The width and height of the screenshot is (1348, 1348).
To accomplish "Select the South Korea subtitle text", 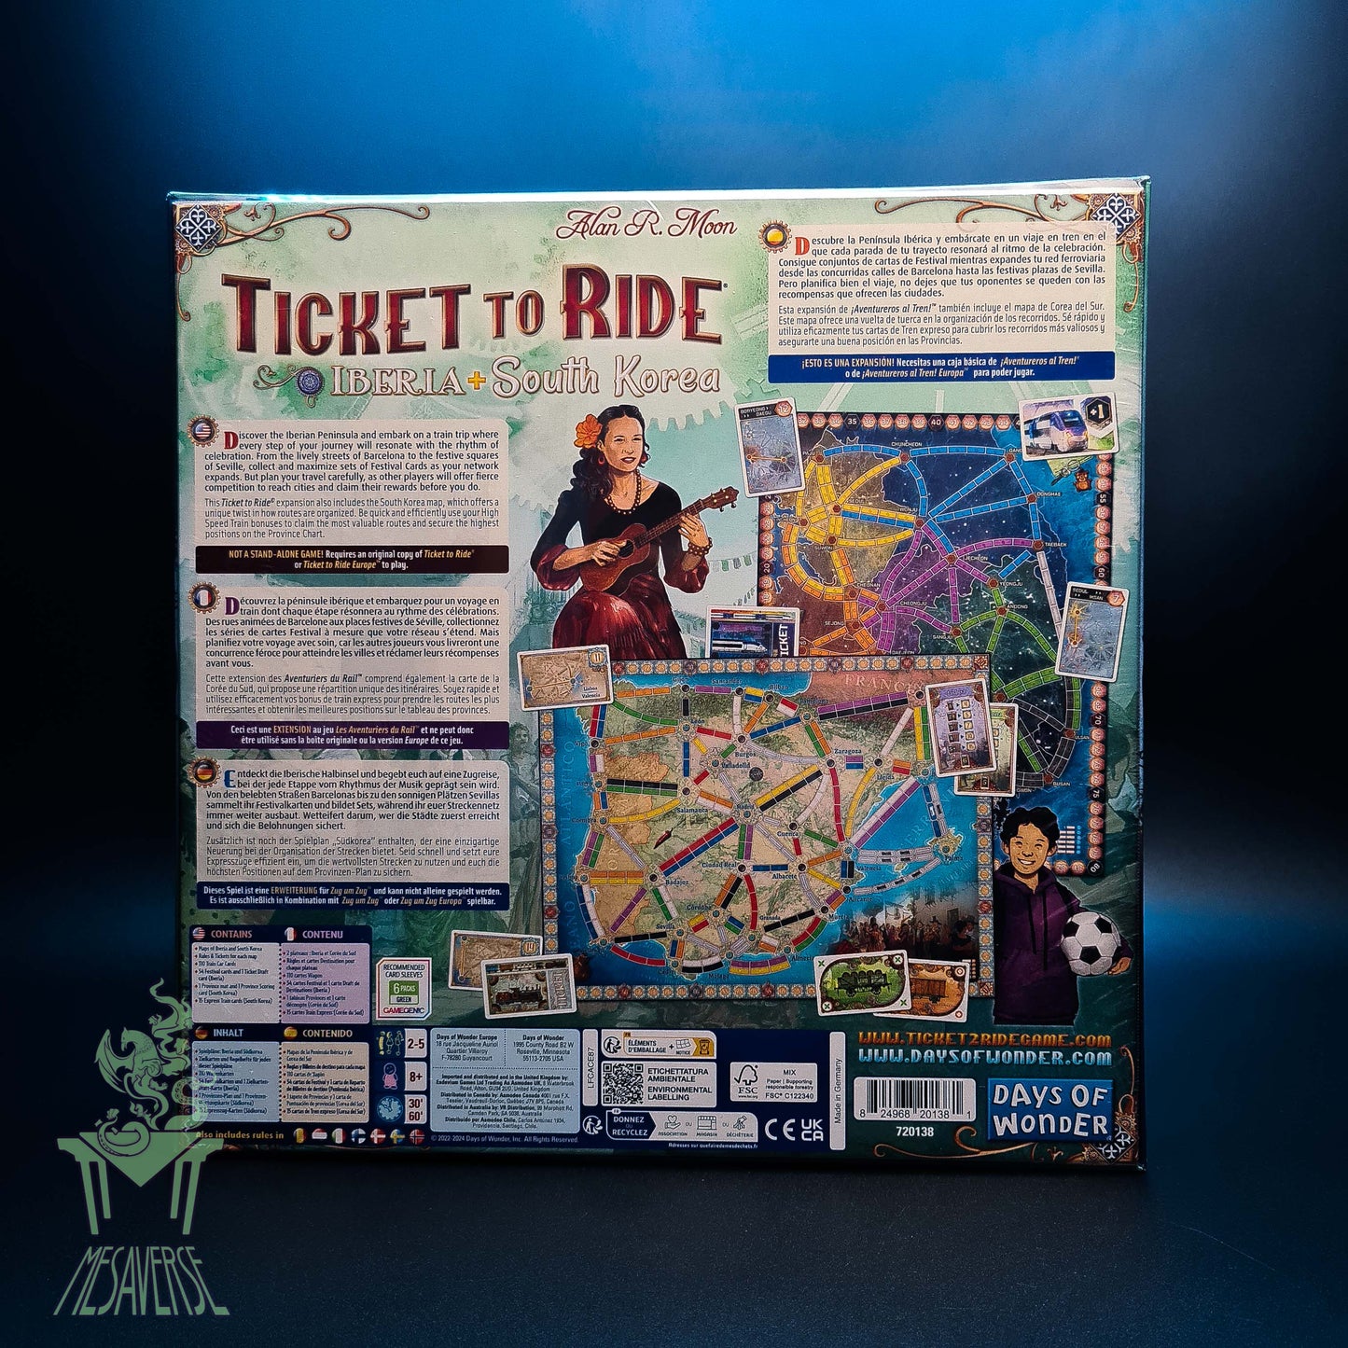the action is point(605,378).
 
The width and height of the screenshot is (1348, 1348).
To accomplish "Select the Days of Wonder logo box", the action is point(1049,1110).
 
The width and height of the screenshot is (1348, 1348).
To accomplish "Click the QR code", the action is point(621,1084).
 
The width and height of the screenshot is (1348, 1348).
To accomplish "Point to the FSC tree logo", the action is point(746,1082).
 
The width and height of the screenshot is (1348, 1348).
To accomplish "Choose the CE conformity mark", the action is point(773,1131).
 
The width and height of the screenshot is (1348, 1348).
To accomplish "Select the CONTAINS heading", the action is point(230,934).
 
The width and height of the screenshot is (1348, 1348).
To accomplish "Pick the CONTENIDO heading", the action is point(327,1034).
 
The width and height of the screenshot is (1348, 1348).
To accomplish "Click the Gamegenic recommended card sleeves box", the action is point(403,988).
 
